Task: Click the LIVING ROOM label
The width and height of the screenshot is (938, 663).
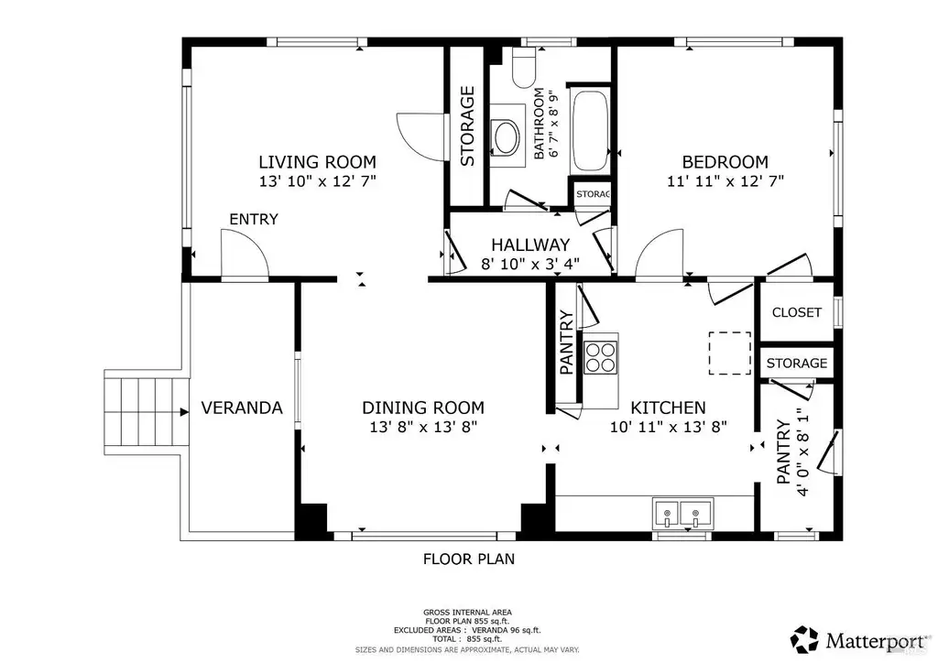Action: pos(317,161)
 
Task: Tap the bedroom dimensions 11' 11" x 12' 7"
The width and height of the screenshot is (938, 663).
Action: pos(725,180)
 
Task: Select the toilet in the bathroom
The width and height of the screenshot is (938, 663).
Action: pos(524,68)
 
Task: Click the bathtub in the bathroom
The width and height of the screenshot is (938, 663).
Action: pos(591,131)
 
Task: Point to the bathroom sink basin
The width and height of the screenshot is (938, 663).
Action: pos(506,137)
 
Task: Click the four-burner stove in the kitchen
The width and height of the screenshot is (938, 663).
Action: pos(600,357)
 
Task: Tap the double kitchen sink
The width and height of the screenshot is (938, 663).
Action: pos(682,514)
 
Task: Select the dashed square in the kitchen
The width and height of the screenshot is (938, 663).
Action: pos(730,353)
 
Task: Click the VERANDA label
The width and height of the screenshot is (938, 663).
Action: pos(242,408)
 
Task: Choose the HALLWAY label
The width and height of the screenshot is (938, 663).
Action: pos(530,245)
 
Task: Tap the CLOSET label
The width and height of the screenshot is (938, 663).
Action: pos(796,312)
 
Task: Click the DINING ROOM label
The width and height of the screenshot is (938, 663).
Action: pos(423,408)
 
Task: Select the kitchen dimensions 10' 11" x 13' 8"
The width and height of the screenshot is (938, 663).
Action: pos(668,427)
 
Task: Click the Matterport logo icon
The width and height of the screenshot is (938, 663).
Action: pos(804,640)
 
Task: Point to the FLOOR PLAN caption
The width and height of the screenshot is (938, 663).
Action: pos(469,559)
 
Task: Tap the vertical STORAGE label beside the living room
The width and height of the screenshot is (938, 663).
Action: pos(467,126)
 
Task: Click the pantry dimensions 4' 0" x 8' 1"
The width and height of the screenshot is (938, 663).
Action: pos(802,452)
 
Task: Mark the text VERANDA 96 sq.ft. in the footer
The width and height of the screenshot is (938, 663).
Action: pos(506,630)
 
